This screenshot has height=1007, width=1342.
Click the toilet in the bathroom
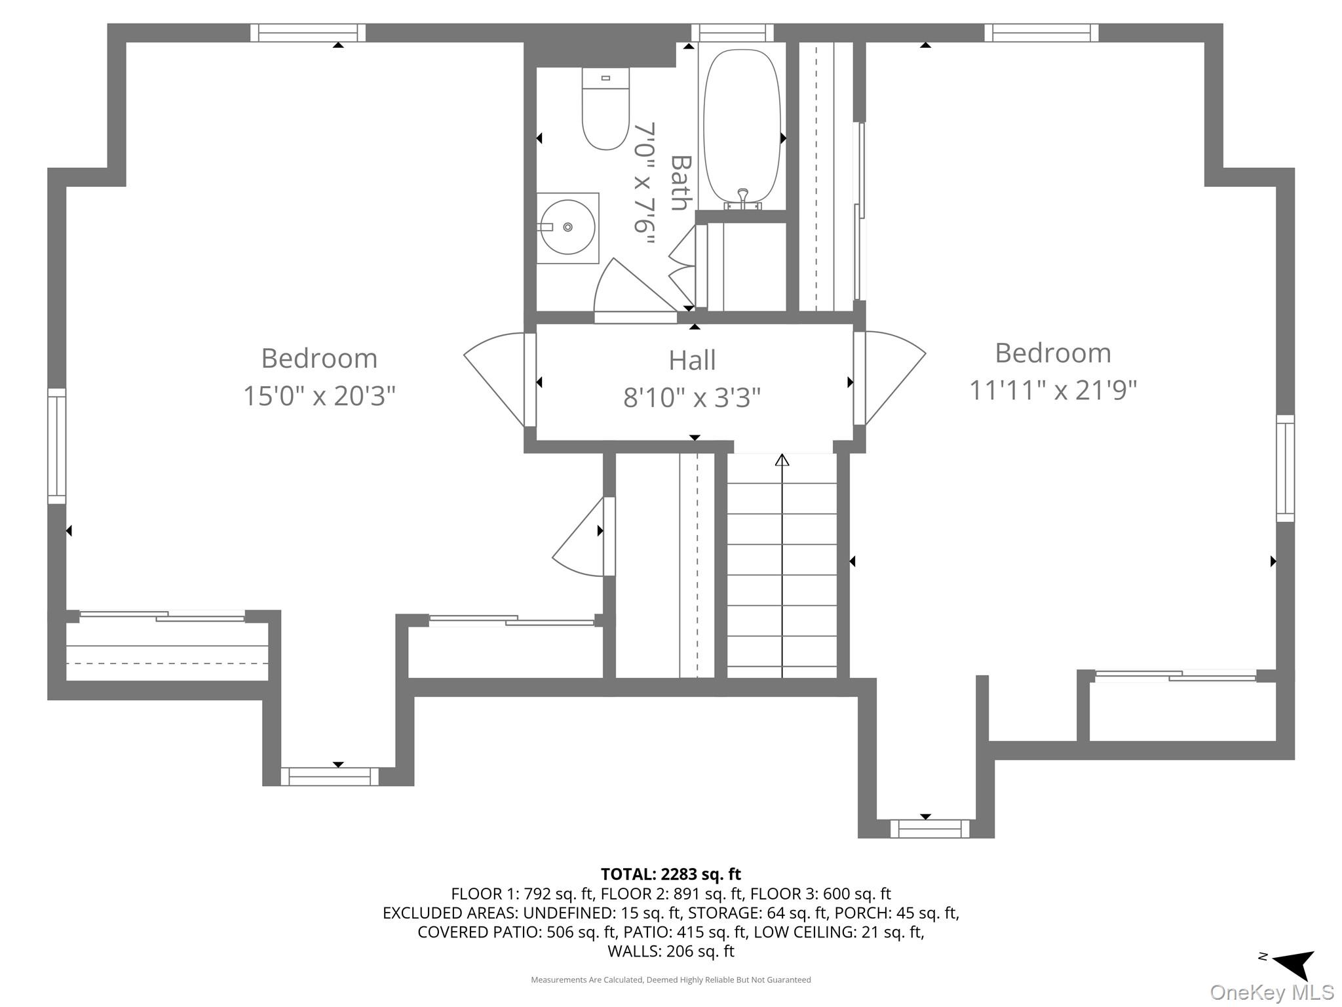click(605, 108)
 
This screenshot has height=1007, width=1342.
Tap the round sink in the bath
click(567, 227)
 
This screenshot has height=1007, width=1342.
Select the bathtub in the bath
click(742, 126)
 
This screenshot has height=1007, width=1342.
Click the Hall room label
click(692, 360)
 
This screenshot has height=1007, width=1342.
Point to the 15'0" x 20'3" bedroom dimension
click(319, 396)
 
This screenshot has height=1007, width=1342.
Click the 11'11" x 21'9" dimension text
click(1053, 391)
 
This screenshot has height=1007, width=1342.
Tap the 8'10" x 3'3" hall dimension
click(692, 397)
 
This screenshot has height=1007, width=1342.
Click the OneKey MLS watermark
click(1272, 993)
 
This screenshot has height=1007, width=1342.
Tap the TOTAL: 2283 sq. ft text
click(671, 874)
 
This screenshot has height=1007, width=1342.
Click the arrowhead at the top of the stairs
click(782, 460)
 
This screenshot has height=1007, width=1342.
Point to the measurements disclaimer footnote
click(671, 979)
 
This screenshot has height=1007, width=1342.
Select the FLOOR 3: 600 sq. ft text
click(820, 894)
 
